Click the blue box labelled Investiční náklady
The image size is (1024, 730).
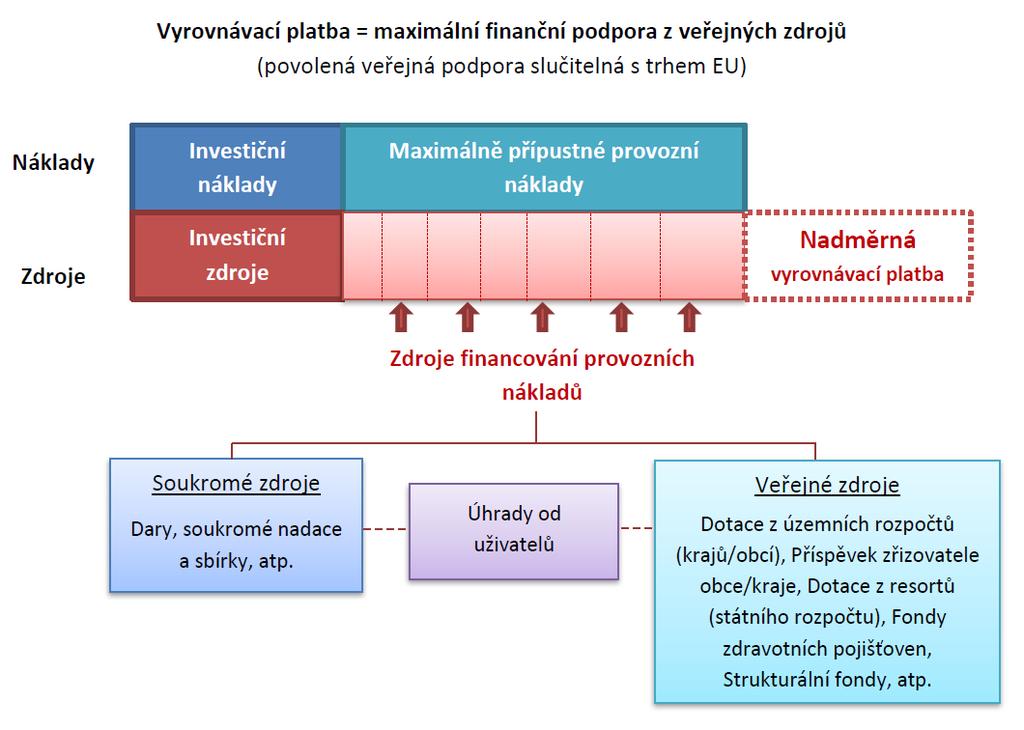(x=236, y=167)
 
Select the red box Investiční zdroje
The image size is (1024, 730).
(x=236, y=255)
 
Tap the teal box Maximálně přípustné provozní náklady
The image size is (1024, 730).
(x=543, y=167)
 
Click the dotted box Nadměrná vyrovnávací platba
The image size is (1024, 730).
(x=858, y=256)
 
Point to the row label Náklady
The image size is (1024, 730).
(x=54, y=163)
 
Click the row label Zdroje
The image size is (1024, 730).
(x=53, y=276)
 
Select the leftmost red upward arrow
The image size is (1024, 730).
(x=401, y=317)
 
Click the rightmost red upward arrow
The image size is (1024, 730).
(x=689, y=317)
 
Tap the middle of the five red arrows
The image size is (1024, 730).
(x=542, y=317)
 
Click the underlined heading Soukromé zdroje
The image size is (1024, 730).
(x=236, y=484)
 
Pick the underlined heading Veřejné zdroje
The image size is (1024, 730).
(x=827, y=485)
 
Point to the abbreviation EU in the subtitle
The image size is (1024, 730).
(x=726, y=66)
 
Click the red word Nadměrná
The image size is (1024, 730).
(x=857, y=240)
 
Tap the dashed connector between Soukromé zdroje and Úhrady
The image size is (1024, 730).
(x=385, y=528)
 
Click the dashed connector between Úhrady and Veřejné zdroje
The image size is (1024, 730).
(x=637, y=528)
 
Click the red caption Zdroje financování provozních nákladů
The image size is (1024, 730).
(x=542, y=375)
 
